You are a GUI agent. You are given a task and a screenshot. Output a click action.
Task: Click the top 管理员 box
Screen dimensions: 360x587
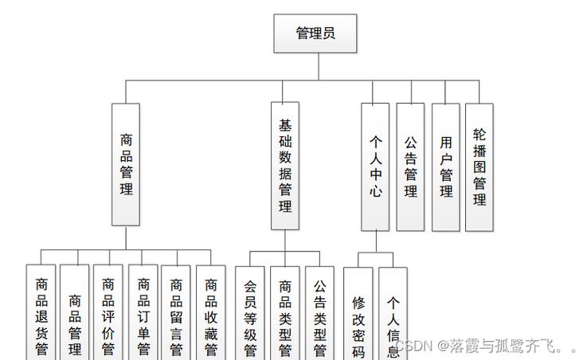(315, 33)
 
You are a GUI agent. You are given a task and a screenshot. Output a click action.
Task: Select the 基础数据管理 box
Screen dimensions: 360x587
(285, 166)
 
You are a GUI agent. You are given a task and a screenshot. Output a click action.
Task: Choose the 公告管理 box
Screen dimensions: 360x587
(410, 166)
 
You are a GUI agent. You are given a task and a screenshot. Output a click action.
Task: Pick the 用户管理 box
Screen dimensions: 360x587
(446, 166)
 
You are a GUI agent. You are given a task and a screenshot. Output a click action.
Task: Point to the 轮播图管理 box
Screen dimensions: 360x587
(479, 166)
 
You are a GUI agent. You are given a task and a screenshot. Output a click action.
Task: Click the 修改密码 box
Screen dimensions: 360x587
(358, 315)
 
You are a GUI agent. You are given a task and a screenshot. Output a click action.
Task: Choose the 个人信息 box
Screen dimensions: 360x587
(393, 315)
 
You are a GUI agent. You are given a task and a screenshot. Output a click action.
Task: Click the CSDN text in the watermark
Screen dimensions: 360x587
(414, 346)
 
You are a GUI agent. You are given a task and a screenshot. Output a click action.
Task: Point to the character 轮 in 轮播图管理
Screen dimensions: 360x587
(479, 135)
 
